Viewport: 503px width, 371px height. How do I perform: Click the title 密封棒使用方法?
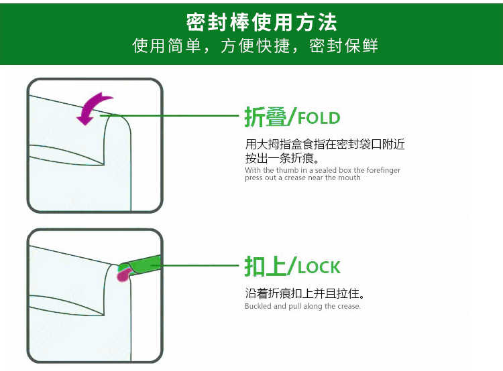[x=262, y=22]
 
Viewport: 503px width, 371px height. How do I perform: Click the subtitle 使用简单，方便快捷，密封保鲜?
[x=255, y=46]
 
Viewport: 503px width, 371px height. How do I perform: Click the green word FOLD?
[x=319, y=119]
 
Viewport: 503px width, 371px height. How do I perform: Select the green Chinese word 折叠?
[x=266, y=119]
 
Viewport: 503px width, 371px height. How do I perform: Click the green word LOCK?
[x=319, y=267]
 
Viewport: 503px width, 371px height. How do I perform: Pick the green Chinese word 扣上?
[x=266, y=267]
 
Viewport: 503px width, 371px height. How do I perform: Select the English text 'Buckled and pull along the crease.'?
[x=302, y=306]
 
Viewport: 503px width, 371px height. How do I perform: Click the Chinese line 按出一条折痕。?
[x=282, y=159]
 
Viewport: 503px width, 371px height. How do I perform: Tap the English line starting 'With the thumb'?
[x=323, y=170]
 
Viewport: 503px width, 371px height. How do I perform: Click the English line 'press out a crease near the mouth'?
[x=302, y=177]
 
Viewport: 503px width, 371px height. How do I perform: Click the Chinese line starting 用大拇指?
[x=325, y=145]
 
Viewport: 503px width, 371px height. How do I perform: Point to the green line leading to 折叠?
[x=174, y=117]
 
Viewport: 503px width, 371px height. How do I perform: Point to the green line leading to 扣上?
[x=201, y=266]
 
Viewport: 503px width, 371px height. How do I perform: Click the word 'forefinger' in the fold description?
[x=383, y=170]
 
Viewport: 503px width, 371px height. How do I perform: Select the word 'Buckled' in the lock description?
[x=258, y=306]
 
